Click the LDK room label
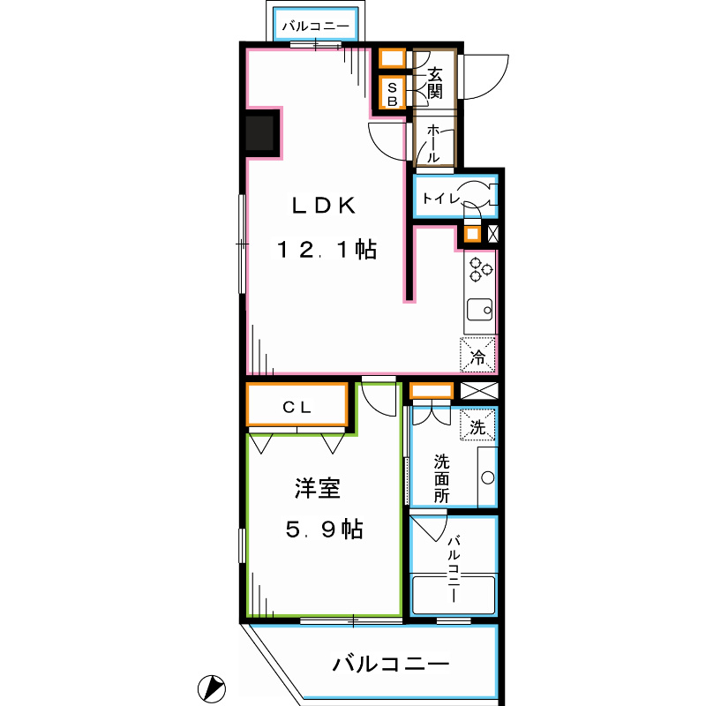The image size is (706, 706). click(324, 206)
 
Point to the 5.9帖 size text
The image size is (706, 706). click(323, 529)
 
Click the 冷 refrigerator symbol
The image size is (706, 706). click(477, 357)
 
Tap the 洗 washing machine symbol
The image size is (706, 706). click(477, 427)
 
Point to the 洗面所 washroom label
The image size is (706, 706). click(441, 477)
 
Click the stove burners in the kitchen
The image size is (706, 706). click(480, 269)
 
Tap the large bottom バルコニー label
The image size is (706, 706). click(391, 664)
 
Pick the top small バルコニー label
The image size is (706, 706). click(315, 26)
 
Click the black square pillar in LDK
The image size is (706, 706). click(262, 134)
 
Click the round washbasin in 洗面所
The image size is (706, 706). click(486, 478)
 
